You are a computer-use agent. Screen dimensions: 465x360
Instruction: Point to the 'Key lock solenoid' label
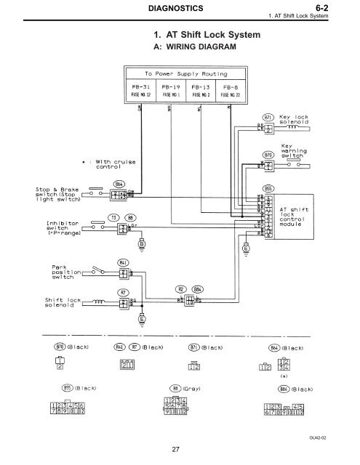click(x=296, y=120)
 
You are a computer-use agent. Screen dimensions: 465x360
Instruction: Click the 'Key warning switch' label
click(x=292, y=150)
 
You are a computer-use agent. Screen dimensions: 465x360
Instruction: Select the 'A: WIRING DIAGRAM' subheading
click(x=185, y=46)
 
